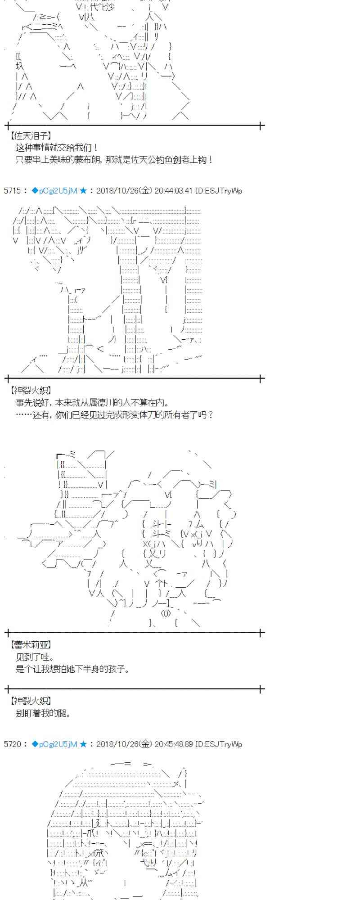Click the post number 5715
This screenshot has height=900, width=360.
(11, 191)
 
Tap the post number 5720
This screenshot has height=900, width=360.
(11, 744)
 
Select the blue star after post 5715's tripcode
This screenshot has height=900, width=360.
(83, 191)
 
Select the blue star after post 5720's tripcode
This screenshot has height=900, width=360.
(83, 744)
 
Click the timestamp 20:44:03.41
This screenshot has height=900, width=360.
(173, 191)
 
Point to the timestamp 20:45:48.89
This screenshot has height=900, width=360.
(173, 744)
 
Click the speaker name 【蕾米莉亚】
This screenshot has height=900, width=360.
(30, 644)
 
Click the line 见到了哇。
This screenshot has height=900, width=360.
(35, 657)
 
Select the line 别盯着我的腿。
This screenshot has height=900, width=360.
(43, 713)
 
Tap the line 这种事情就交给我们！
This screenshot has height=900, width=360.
(57, 148)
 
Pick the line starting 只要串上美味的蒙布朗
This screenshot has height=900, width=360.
(114, 160)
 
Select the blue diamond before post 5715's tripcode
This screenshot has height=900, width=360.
(35, 191)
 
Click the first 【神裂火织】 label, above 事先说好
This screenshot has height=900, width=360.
(30, 391)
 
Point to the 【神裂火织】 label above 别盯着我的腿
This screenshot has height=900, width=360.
(30, 701)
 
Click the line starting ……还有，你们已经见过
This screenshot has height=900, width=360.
(114, 415)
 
